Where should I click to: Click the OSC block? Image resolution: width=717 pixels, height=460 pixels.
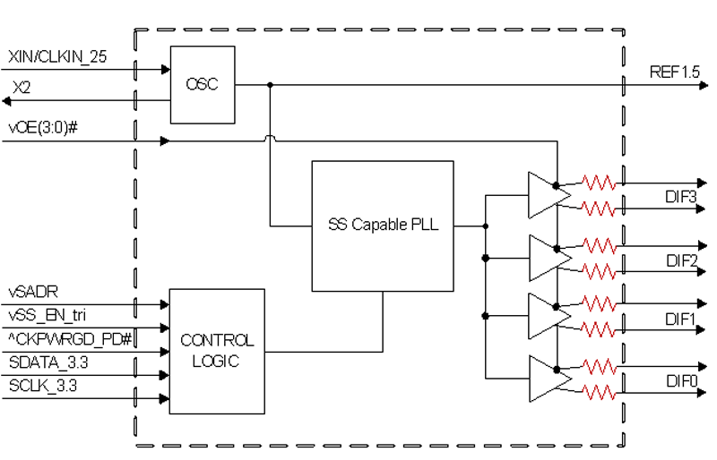tap(203, 84)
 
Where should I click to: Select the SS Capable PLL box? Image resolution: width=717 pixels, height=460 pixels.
tap(383, 226)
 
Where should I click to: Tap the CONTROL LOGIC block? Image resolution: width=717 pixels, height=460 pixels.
tap(217, 352)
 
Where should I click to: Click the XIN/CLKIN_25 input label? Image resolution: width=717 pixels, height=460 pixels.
tap(57, 56)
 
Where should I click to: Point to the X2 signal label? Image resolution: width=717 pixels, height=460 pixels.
tap(22, 87)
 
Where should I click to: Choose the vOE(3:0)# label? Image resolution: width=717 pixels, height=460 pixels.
tap(43, 127)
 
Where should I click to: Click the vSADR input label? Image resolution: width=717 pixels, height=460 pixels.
tap(33, 292)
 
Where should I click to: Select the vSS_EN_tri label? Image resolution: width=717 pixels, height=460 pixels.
tap(48, 315)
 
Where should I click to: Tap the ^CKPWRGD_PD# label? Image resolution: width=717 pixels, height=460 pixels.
tap(70, 339)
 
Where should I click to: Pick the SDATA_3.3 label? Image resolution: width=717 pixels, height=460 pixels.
tap(48, 362)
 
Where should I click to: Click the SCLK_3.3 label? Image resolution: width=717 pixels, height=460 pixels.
tap(43, 386)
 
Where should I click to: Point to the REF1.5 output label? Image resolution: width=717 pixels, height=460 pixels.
tap(675, 72)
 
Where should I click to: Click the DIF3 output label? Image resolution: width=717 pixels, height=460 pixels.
tap(681, 197)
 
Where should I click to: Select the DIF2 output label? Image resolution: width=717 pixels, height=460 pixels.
tap(682, 260)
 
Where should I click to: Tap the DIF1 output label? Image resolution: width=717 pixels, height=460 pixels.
tap(680, 319)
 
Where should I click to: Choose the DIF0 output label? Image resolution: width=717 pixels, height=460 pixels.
tap(682, 381)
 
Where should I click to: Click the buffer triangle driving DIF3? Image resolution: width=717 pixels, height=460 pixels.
tap(549, 195)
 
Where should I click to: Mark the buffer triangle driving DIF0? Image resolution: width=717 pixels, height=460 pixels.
tap(549, 379)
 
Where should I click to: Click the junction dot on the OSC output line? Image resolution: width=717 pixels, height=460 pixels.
tap(270, 85)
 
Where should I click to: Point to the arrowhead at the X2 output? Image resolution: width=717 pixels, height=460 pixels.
tap(6, 101)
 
